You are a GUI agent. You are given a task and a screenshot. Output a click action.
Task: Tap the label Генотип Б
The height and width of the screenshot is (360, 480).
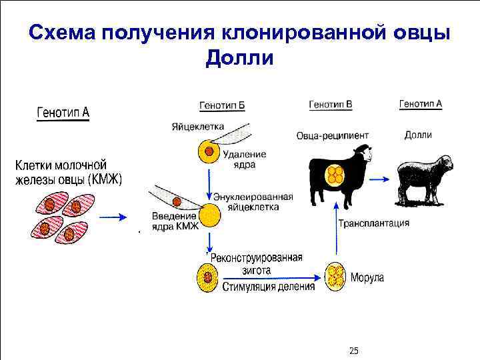222,106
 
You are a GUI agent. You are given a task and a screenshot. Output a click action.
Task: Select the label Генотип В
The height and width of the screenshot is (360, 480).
331,105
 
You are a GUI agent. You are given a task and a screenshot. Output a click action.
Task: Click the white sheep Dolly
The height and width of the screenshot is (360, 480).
423,178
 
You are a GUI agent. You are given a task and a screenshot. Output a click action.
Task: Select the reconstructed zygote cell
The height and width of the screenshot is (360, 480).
208,277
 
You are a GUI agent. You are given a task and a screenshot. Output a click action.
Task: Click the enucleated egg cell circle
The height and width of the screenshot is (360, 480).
209,215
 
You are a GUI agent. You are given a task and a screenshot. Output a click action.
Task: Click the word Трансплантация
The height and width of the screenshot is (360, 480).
374,223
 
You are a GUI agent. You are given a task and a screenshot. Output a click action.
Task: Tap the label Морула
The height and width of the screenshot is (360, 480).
367,277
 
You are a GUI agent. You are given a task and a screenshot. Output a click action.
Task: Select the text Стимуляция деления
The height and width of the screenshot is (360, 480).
268,287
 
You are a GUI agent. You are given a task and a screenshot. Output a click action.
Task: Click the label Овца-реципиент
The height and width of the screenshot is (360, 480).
333,136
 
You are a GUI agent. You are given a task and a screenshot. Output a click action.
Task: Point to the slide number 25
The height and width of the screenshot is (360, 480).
354,351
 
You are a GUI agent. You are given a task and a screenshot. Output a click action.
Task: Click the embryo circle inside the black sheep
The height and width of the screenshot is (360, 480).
333,175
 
